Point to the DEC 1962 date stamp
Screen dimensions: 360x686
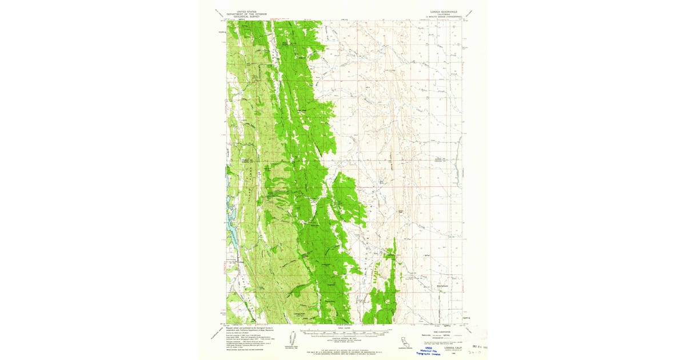pos(477,346)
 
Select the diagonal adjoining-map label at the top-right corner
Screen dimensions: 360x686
pos(470,12)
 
